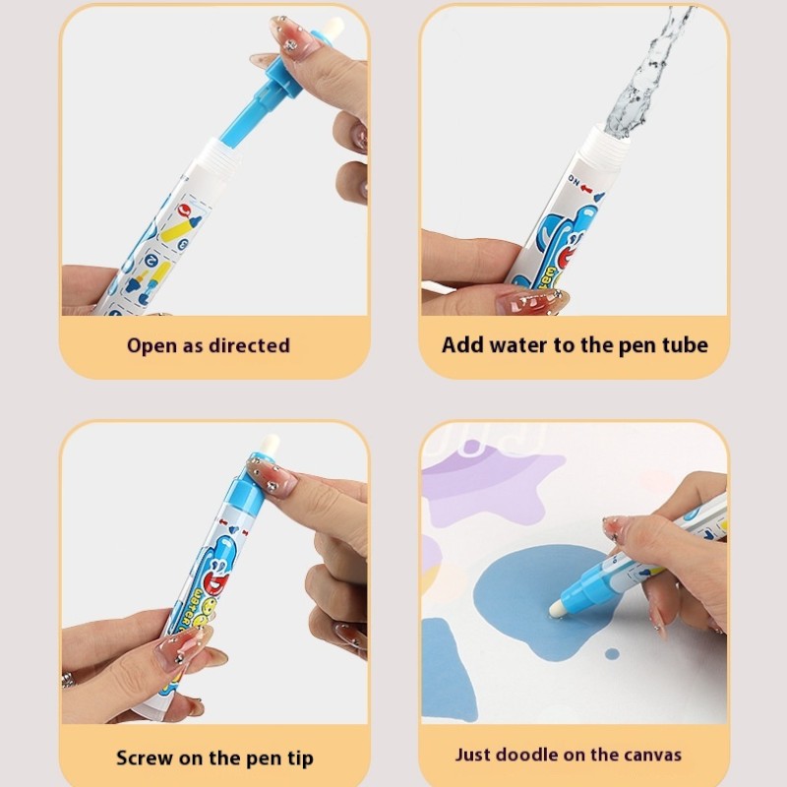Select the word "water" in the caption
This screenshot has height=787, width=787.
tap(520, 345)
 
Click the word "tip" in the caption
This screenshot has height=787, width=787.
tap(293, 757)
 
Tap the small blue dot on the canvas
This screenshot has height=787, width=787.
tap(611, 653)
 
